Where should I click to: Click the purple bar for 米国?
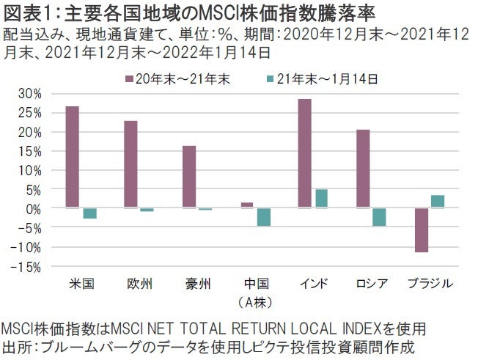(x=73, y=157)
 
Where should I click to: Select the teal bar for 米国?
(x=89, y=213)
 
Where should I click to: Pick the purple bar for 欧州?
(x=130, y=164)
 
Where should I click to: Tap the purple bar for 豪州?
(x=189, y=177)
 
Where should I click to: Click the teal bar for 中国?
(x=264, y=217)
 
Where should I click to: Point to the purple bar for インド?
(x=305, y=153)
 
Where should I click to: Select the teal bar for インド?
(x=322, y=199)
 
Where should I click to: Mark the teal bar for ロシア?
(x=379, y=217)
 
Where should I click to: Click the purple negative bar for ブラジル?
(x=421, y=230)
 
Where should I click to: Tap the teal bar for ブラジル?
(x=437, y=202)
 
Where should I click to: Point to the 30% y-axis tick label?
(x=31, y=94)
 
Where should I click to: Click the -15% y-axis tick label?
(x=28, y=266)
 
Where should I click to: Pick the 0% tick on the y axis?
(x=34, y=208)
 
